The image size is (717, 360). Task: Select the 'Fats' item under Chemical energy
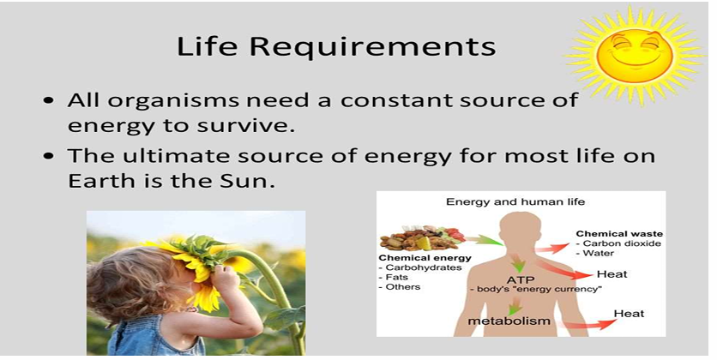(x=398, y=277)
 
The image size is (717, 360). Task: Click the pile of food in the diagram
(x=420, y=237)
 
